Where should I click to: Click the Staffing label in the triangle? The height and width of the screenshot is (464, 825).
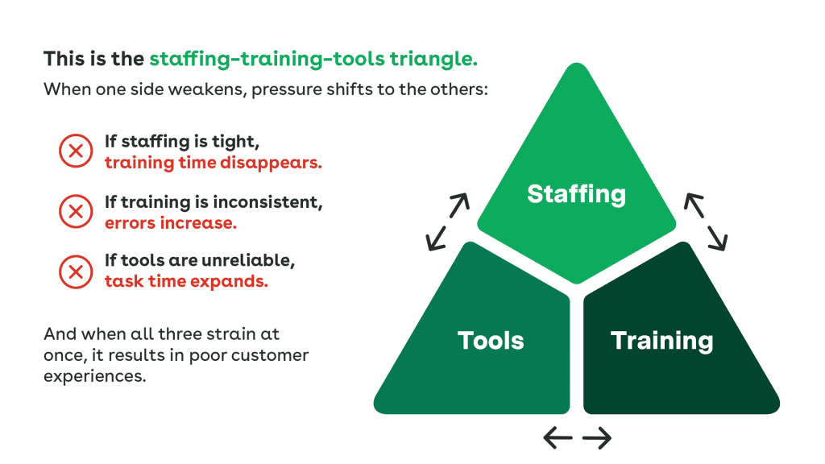(576, 194)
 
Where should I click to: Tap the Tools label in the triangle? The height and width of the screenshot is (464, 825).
(491, 340)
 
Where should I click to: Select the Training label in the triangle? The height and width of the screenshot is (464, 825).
(661, 340)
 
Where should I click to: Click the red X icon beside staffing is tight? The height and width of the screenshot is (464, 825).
(76, 151)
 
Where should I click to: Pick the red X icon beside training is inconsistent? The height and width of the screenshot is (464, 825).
(76, 212)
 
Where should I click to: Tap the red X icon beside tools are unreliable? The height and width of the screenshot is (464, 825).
(76, 271)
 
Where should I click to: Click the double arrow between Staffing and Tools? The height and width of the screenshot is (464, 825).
(448, 222)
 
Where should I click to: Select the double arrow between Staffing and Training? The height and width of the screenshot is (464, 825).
(706, 221)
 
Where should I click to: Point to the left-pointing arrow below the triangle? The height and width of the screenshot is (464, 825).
(558, 438)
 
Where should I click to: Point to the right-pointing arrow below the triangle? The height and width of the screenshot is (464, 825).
(597, 438)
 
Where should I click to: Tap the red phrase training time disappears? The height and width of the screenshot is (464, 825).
(214, 162)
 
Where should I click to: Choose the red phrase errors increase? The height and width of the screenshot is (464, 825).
(171, 222)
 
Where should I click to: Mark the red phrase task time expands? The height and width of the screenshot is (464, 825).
(186, 282)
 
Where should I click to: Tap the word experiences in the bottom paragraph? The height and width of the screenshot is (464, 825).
(94, 375)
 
